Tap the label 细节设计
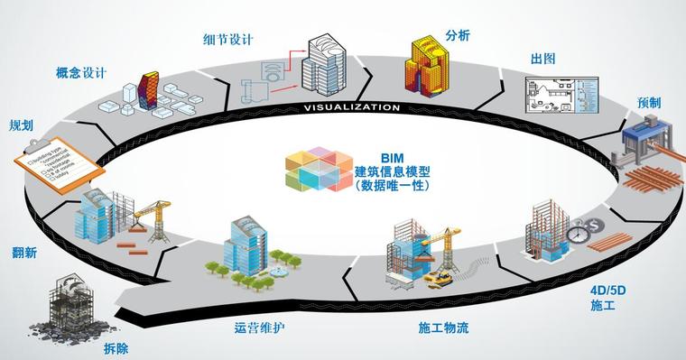[227, 40]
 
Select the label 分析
[459, 37]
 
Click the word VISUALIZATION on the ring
[351, 107]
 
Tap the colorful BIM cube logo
[318, 168]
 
